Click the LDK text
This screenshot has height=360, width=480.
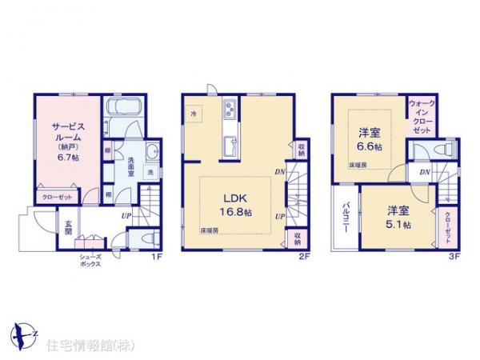tap(234, 198)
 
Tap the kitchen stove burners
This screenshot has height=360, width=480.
tap(229, 109)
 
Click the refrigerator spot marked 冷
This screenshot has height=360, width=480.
tap(194, 114)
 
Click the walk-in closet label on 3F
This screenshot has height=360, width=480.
tap(422, 117)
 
